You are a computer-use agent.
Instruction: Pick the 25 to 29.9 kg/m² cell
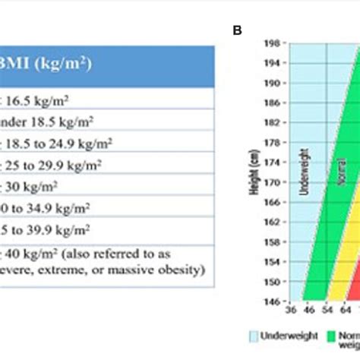53,163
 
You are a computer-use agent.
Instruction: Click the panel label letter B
237,31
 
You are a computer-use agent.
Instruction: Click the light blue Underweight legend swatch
254,335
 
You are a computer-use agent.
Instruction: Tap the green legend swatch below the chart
331,335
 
